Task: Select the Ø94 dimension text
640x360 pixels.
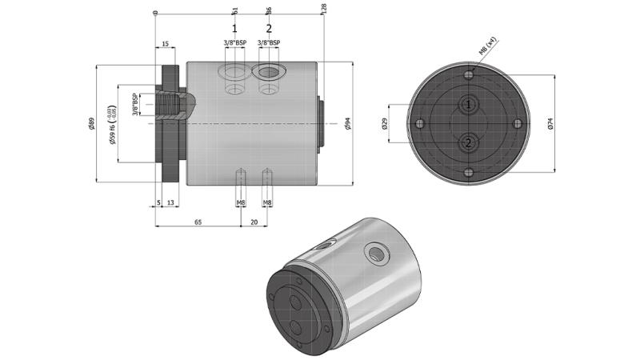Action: (346, 122)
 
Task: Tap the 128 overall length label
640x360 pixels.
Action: (323, 8)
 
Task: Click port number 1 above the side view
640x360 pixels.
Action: (234, 28)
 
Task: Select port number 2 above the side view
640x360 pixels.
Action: (269, 28)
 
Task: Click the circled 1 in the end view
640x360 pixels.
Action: (469, 105)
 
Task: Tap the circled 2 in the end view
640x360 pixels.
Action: (469, 142)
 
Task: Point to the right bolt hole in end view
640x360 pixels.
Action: (518, 123)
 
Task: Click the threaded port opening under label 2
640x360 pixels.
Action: (269, 71)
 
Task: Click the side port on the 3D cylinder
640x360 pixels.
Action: (375, 254)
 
